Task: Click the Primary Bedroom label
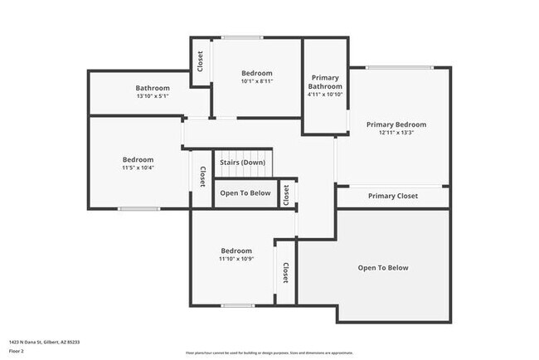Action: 396,124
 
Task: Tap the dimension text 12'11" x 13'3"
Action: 396,133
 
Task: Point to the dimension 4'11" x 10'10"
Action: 325,95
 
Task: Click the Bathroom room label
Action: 153,88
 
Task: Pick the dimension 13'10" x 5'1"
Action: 153,96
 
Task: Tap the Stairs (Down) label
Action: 242,162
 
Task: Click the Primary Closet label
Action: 393,196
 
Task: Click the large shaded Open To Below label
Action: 383,267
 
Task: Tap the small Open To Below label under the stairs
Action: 245,193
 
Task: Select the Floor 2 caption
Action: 16,349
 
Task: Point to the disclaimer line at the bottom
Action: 269,353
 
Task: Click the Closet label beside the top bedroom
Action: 200,61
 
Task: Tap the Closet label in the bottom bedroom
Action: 285,272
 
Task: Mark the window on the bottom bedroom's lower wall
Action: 237,306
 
